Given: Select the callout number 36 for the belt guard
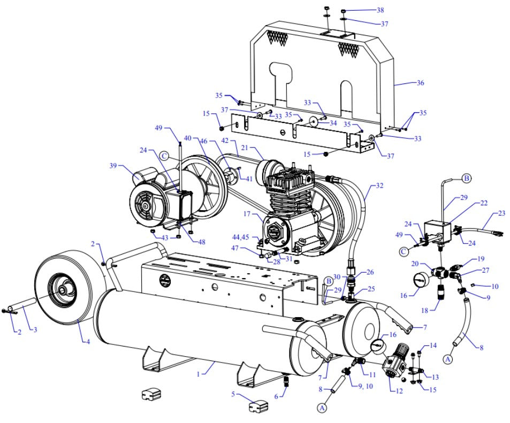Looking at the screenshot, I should click(x=420, y=83).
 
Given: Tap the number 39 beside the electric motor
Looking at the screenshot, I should click(x=113, y=166).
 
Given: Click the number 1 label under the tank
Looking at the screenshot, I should click(x=198, y=374).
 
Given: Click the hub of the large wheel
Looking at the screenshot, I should click(x=63, y=289).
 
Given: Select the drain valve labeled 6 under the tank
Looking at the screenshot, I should click(x=286, y=381).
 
